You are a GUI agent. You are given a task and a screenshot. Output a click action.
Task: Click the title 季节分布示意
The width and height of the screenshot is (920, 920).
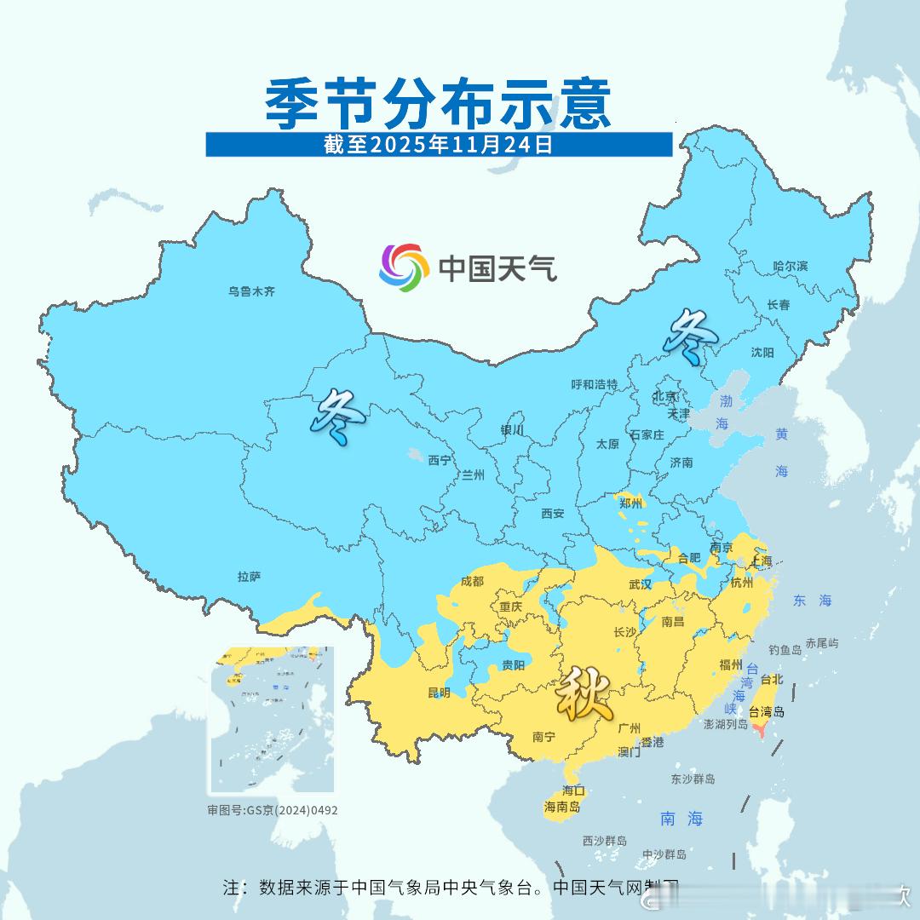[x=439, y=104]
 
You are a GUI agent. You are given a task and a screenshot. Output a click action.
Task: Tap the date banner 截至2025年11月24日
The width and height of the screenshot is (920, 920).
[x=439, y=145]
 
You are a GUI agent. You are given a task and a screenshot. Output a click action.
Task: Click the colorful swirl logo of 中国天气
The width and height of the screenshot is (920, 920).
[x=403, y=267]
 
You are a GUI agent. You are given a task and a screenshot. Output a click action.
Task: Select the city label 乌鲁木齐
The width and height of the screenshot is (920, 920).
[x=251, y=291]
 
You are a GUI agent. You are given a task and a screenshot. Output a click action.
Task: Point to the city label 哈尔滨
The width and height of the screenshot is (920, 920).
[x=790, y=267]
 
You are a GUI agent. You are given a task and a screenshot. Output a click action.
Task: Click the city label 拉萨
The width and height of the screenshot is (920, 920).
[x=249, y=577]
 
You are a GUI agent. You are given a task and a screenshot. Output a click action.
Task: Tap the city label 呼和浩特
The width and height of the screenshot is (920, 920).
[x=594, y=385]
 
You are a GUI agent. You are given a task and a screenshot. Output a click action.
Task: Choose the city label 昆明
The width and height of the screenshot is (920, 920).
[x=440, y=693]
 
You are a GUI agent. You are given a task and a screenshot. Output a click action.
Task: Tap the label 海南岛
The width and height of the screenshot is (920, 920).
[x=562, y=807]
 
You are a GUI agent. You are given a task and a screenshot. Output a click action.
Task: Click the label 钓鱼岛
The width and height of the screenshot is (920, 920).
[x=785, y=650]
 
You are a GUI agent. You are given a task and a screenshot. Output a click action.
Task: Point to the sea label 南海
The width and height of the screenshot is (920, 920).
[x=681, y=819]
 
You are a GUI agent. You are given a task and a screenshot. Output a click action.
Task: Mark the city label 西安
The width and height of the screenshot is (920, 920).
[x=553, y=514]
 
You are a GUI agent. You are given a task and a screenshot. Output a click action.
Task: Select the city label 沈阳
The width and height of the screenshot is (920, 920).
[x=762, y=353]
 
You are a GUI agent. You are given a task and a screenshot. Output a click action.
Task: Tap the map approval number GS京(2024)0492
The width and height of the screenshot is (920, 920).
[x=273, y=810]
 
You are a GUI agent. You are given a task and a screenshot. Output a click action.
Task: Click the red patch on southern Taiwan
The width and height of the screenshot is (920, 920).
[x=761, y=729]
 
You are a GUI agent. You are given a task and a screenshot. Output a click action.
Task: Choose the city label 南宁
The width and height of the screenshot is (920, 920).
[x=543, y=738]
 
